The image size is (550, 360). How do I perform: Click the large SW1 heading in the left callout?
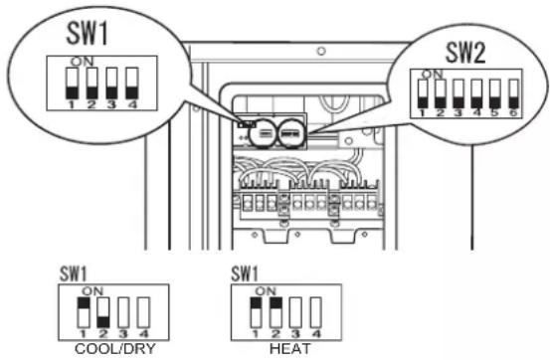pos(87,34)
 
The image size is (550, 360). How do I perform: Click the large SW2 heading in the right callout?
pos(465,53)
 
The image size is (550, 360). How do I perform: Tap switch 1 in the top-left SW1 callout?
pos(72,84)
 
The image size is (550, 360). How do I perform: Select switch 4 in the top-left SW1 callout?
pos(132,84)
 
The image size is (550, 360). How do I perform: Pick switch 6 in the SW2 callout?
pos(513,93)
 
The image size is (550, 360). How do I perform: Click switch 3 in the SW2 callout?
pos(458,93)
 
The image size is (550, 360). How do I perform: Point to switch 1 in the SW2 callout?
pos(423,93)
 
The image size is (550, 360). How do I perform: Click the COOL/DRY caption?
pos(115,349)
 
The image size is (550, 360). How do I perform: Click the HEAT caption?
pos(290,349)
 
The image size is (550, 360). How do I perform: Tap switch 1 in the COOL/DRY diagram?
pos(84,312)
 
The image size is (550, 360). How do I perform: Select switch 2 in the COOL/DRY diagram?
pos(103,312)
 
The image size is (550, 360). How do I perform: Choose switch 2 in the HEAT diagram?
pos(275,312)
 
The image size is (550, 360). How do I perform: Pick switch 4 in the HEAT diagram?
pos(316,312)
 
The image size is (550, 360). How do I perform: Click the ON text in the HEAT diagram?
pos(266,290)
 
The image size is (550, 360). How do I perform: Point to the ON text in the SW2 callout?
pos(432,74)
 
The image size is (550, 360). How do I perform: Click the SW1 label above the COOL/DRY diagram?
pos(73,273)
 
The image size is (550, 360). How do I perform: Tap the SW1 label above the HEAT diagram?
pos(245,273)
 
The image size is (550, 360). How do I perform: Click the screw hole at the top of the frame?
pos(321,52)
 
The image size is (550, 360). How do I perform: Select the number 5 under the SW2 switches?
pos(494,112)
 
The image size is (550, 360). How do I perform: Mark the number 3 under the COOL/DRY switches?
pos(123,333)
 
